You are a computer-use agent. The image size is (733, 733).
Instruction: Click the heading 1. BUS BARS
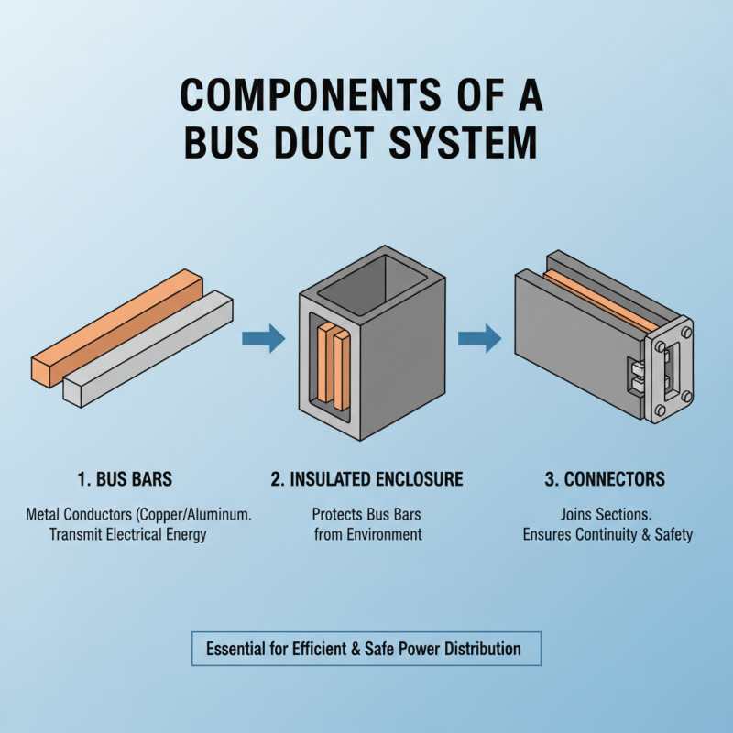point(126,479)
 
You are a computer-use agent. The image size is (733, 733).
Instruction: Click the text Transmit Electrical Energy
point(128,534)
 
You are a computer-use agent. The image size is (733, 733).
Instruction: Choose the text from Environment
point(367,534)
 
